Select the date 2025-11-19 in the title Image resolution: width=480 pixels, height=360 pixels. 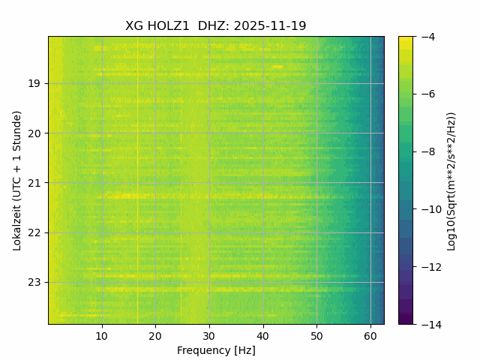tap(270, 26)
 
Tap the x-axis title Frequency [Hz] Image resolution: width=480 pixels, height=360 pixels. tap(216, 350)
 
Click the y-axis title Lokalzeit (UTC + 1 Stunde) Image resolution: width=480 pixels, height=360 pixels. tap(17, 180)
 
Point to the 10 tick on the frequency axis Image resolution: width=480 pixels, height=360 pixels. tap(102, 335)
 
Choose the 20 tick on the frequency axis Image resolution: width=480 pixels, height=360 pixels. tap(155, 335)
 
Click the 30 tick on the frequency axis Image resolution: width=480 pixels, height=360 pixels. tap(209, 335)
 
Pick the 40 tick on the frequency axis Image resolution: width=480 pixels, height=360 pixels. tap(262, 335)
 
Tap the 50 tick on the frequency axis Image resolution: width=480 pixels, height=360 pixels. tap(316, 335)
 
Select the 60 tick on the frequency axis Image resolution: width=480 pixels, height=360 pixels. tap(370, 335)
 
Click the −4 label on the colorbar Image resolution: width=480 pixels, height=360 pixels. tap(425, 37)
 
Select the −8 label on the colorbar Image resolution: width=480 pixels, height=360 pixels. tap(425, 151)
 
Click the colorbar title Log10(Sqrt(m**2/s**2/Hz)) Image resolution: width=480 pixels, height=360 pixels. tap(451, 181)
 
